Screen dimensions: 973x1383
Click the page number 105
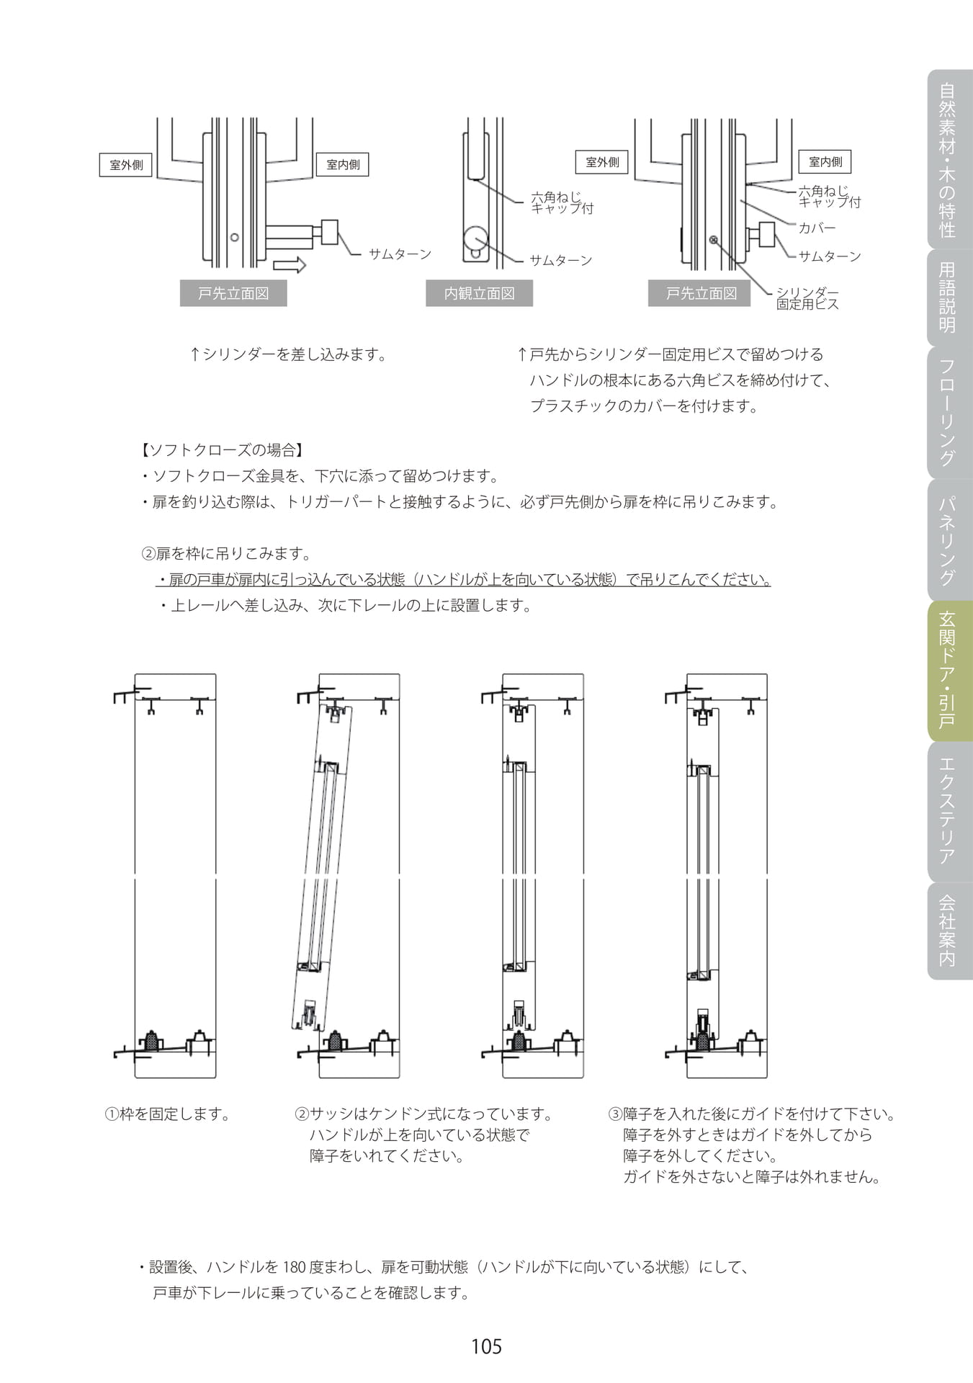point(486,1346)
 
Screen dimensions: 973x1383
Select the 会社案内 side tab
point(949,931)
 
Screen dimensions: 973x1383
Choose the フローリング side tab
point(949,413)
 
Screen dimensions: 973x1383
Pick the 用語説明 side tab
point(949,298)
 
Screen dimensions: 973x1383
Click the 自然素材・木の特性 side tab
point(949,159)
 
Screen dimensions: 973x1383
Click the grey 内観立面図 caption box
point(479,293)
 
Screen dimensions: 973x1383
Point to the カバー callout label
point(817,228)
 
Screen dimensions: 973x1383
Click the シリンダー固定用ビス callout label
point(807,298)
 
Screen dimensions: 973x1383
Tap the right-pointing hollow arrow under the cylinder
point(290,265)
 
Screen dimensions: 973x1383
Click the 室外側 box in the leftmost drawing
point(126,165)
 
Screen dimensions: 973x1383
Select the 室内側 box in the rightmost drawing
point(825,162)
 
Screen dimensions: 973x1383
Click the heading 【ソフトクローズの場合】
point(220,450)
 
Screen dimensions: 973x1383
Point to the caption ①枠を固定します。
point(168,1114)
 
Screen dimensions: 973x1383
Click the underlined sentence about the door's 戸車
point(464,580)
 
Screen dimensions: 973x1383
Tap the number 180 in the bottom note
point(295,1267)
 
